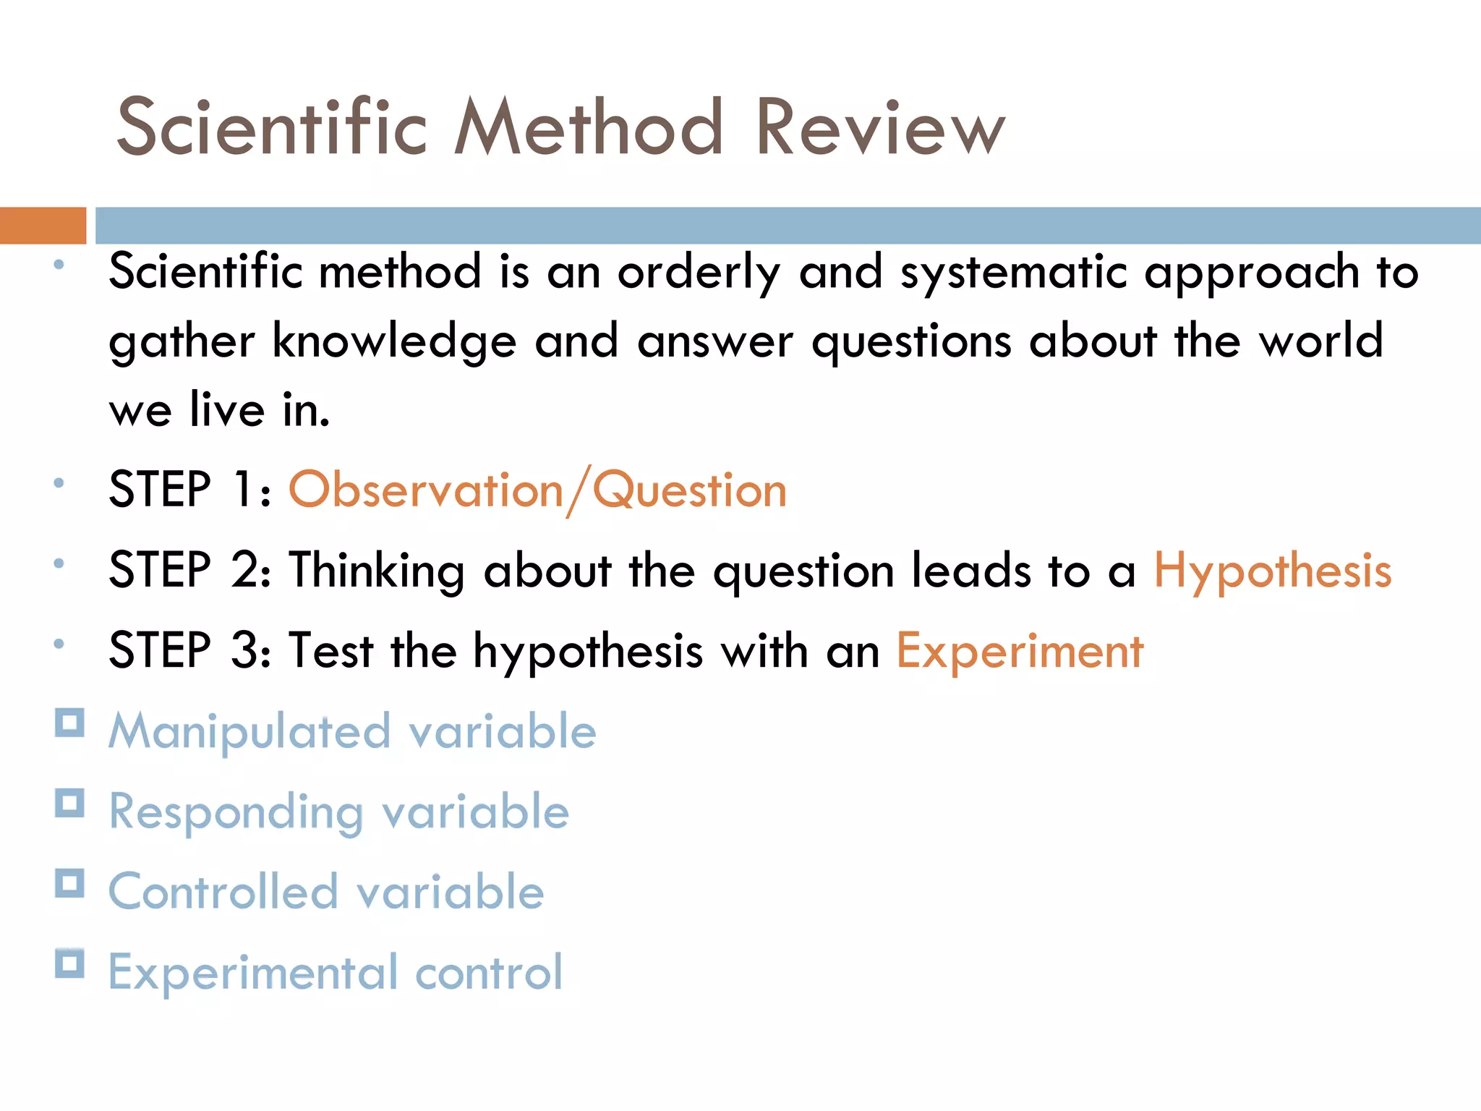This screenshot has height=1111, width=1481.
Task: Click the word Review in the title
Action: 880,127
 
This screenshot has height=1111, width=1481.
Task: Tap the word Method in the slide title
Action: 589,127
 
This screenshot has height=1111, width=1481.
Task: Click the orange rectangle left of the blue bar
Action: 43,225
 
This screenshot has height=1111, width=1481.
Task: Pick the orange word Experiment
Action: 1020,651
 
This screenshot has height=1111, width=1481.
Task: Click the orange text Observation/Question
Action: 537,490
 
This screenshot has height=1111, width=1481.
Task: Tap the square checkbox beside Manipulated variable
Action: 70,723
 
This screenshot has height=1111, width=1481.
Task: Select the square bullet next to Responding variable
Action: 70,803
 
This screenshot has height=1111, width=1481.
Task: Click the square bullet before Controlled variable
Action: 70,883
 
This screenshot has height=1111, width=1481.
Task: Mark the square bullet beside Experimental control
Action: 70,963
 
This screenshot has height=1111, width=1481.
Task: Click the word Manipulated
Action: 249,731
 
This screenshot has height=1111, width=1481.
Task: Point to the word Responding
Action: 236,812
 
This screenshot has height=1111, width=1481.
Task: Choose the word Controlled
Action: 223,891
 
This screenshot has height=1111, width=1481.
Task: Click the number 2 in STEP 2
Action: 244,570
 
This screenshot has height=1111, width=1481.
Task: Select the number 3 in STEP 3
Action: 244,650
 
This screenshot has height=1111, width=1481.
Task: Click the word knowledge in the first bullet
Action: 394,341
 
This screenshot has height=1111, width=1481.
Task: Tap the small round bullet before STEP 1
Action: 59,482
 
